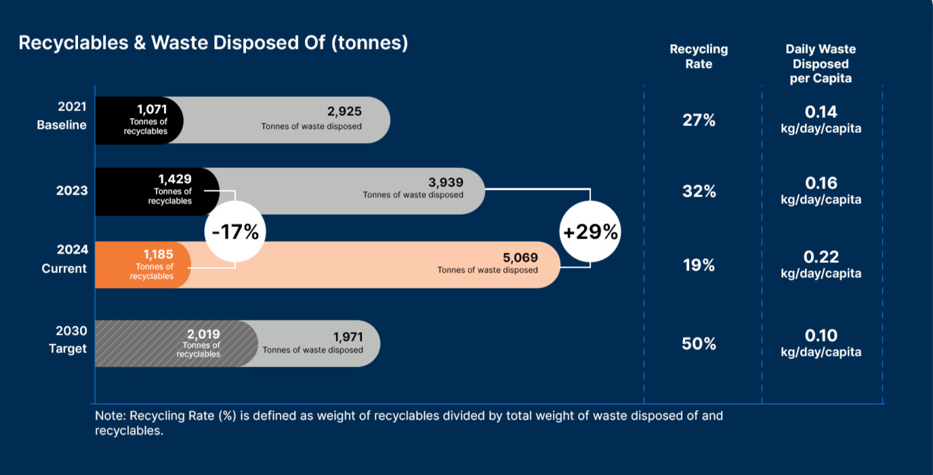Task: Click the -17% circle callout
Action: pos(235,232)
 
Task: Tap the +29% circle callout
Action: pos(590,232)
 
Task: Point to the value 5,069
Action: pos(520,257)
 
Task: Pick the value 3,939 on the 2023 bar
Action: pos(446,182)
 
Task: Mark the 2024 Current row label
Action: pos(64,259)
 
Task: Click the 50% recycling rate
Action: pos(699,344)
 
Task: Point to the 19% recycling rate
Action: pos(699,266)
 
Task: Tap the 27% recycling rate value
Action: pos(699,121)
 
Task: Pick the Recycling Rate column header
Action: pos(699,56)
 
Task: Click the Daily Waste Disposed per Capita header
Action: pos(821,64)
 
